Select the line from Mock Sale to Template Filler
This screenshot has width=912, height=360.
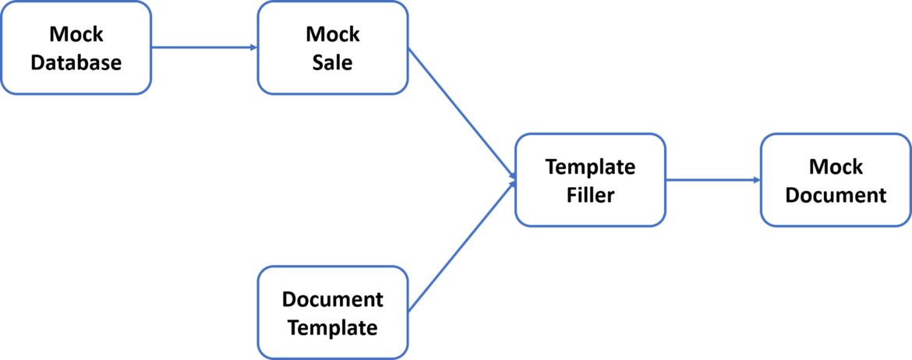point(460,114)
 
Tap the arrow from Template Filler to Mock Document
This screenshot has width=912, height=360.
point(713,180)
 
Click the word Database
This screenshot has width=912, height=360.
point(76,62)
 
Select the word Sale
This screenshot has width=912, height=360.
point(333,62)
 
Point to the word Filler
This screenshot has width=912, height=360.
point(590,194)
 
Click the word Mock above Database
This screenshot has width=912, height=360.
point(76,34)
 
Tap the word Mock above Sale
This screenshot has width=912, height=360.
point(333,34)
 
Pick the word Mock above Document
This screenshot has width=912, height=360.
point(836,167)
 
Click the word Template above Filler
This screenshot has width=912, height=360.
point(590,167)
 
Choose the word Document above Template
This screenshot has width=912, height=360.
point(333,299)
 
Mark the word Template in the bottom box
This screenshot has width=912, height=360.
point(333,327)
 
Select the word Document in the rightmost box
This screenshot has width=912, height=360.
point(836,194)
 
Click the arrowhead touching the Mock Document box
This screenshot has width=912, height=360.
point(756,180)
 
